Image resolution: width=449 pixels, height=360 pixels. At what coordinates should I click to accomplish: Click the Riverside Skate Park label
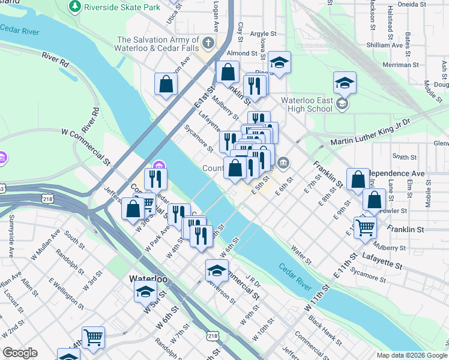123,7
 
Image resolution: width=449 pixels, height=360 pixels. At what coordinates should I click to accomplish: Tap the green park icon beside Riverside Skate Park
75,7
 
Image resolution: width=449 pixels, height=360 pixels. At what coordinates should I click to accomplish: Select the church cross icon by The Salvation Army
208,43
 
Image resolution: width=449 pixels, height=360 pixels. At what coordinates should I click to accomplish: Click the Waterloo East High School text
307,104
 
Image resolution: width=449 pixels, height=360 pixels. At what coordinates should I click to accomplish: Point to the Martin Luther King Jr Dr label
370,141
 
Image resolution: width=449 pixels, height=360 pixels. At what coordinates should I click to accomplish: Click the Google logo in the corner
20,353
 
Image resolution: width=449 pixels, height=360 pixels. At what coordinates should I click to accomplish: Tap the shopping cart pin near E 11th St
365,227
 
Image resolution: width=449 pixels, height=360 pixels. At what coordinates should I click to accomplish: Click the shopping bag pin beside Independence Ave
358,178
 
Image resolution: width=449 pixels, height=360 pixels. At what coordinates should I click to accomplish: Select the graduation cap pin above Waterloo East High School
345,82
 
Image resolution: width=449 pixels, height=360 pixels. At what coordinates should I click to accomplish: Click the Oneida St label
433,4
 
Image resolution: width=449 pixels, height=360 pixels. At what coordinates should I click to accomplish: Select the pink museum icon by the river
159,166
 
